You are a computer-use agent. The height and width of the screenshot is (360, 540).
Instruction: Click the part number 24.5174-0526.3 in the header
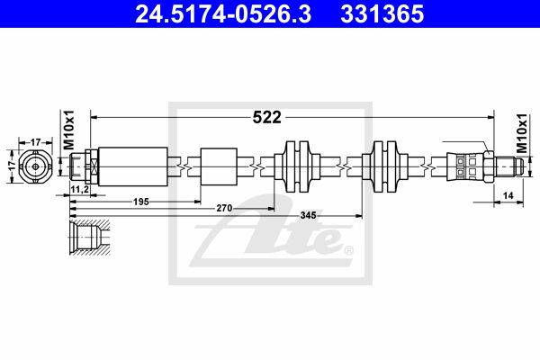coord(223,13)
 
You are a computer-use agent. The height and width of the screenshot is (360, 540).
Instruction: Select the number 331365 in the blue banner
coord(382,13)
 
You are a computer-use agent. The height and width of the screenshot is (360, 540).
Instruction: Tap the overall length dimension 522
coord(267,118)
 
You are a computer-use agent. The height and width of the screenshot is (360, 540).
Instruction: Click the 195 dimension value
coord(141,202)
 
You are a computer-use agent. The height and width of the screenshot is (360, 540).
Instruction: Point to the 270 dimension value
coord(224,208)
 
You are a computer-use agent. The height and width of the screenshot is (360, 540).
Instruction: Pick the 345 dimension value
coord(308,215)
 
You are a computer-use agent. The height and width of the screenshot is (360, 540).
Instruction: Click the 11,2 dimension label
coord(79,189)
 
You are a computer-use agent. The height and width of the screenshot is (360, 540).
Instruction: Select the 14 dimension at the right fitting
coord(508,195)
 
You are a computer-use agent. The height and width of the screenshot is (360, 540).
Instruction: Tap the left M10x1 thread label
coord(69,130)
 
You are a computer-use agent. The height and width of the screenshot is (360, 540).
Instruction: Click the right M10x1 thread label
coord(522,133)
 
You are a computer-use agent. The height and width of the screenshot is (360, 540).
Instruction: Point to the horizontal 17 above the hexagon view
coord(36,142)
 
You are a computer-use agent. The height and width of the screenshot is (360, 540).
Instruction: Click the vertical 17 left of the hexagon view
coord(12,166)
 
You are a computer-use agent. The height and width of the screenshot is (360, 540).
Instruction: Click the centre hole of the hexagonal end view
coord(35,166)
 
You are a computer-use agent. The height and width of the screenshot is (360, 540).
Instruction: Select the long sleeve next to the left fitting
coord(133,166)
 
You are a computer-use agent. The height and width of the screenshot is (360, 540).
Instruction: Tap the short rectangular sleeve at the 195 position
coord(219,166)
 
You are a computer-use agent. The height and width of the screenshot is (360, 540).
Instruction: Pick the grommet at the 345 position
coord(384,166)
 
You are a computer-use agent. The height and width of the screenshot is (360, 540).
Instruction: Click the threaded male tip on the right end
coord(509,166)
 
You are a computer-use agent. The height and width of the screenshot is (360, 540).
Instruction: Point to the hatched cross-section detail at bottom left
coord(89,237)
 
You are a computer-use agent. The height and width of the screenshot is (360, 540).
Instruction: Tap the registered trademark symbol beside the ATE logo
coord(349,250)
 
